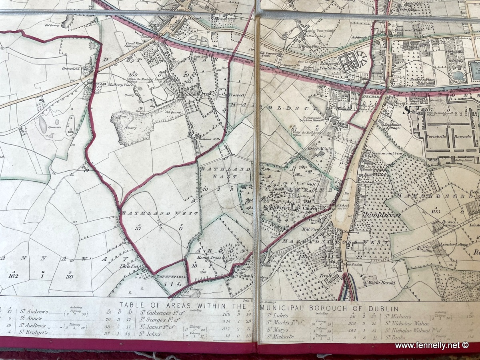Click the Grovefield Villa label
(x=75, y=68)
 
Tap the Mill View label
(x=310, y=229)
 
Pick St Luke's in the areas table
(x=277, y=316)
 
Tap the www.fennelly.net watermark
(x=431, y=345)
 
